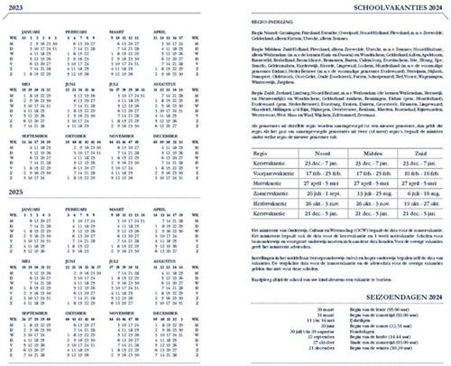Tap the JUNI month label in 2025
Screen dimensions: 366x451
(73, 267)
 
